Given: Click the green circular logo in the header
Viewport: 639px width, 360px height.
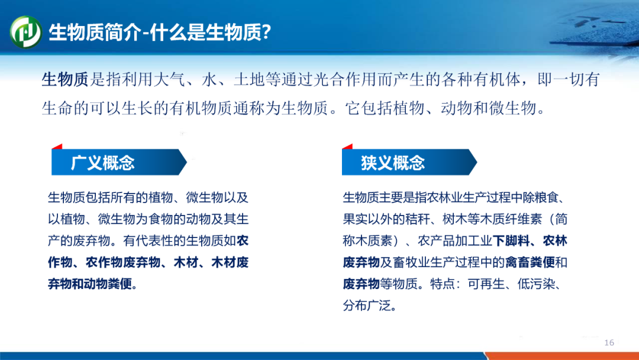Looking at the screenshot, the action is coord(25,32).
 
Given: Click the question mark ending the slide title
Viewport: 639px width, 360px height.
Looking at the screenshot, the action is coord(266,32).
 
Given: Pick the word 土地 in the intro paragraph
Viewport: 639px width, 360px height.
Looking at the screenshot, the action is coord(250,79).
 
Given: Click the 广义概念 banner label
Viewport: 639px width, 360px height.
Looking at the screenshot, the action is coord(103,163).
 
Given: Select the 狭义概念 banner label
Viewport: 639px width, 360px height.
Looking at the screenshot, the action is coord(393,163).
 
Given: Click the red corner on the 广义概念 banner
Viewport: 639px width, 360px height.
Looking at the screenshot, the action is coord(58,147).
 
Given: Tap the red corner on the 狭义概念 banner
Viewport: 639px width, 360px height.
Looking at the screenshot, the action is coord(348,147).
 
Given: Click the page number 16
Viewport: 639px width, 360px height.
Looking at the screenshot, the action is coord(609,342).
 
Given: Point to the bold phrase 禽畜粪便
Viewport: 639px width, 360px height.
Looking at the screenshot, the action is coord(530,262).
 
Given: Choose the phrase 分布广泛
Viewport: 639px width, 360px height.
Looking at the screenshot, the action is coord(367,306).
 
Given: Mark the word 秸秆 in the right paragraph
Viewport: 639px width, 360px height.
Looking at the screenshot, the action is coord(418,219).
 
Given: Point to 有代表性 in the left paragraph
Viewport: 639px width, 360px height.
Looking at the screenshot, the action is coord(148,240).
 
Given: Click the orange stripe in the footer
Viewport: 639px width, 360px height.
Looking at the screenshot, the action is coord(563,356).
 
